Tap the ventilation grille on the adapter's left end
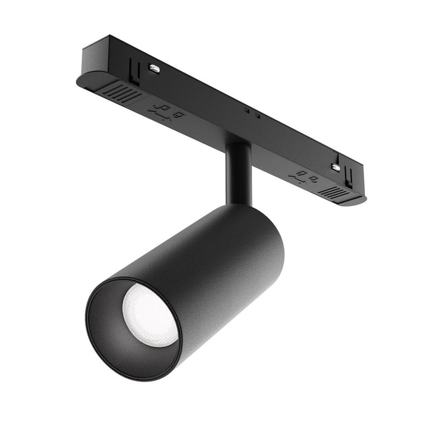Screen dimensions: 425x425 tap(125, 92)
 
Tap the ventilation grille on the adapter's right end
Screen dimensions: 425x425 tap(335, 192)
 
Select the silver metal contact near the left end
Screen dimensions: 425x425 tap(154, 69)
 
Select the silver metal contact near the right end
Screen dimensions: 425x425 tap(335, 166)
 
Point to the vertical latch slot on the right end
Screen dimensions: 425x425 tap(349, 175)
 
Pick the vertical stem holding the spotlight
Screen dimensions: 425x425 tap(239, 173)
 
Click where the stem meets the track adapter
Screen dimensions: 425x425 tap(239, 144)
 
